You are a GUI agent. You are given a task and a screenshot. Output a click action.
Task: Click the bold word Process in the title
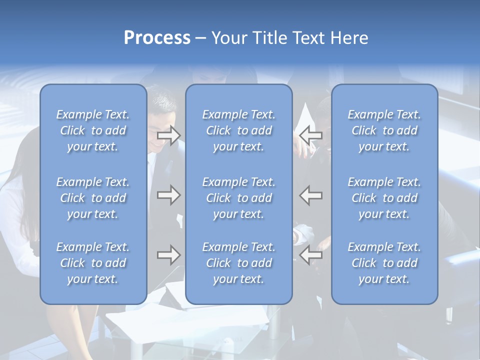pyautogui.click(x=157, y=38)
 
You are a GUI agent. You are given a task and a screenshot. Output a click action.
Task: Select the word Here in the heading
pyautogui.click(x=349, y=38)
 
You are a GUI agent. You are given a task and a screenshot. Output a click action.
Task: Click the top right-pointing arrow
pyautogui.click(x=168, y=135)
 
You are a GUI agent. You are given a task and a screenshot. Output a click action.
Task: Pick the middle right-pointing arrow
pyautogui.click(x=168, y=195)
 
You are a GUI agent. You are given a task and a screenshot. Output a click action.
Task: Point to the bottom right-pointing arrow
pyautogui.click(x=168, y=255)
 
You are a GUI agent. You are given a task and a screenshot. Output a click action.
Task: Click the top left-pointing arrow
pyautogui.click(x=311, y=135)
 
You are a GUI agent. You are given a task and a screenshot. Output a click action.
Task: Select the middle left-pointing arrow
pyautogui.click(x=311, y=195)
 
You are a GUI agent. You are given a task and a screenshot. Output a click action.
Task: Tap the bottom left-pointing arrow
pyautogui.click(x=311, y=255)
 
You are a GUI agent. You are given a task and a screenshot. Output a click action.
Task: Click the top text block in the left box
pyautogui.click(x=93, y=130)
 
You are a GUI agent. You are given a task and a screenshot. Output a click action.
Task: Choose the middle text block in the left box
pyautogui.click(x=93, y=198)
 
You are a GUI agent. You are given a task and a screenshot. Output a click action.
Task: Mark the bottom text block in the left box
pyautogui.click(x=93, y=263)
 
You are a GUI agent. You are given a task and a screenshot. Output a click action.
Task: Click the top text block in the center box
pyautogui.click(x=239, y=130)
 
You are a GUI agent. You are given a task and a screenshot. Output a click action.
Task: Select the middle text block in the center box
pyautogui.click(x=239, y=198)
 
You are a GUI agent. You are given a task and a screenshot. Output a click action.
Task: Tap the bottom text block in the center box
pyautogui.click(x=239, y=263)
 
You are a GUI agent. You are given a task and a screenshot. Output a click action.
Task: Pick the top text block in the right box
pyautogui.click(x=384, y=130)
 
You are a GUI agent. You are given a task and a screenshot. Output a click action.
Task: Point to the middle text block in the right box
pyautogui.click(x=384, y=198)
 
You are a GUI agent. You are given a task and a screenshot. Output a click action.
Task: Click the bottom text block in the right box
pyautogui.click(x=384, y=263)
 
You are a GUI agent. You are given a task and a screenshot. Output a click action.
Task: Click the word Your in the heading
pyautogui.click(x=228, y=38)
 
